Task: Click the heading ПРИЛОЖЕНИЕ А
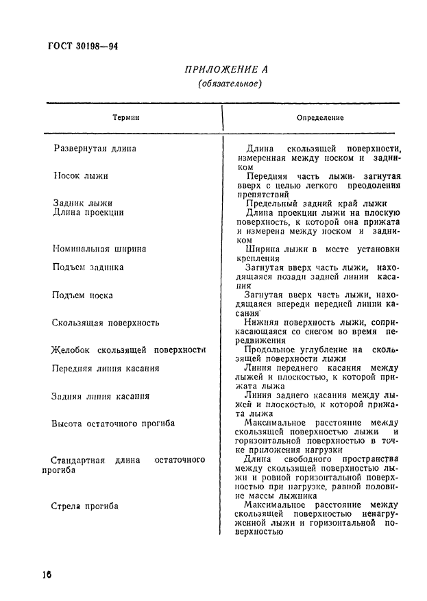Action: tap(226, 69)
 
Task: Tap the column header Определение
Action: tap(320, 117)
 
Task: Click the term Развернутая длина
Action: tap(95, 148)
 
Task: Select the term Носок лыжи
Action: tap(81, 175)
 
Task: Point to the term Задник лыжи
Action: tap(83, 203)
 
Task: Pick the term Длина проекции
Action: tap(88, 212)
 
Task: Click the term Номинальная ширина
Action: tap(99, 249)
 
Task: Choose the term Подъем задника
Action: tap(88, 267)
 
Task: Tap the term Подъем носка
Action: tap(82, 295)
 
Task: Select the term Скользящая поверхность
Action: tap(106, 322)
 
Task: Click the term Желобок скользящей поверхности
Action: tap(129, 349)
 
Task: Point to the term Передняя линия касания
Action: tap(106, 368)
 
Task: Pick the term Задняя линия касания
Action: tap(101, 396)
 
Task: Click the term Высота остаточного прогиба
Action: tap(113, 424)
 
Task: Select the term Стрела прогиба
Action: tap(85, 506)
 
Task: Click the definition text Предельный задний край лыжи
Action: tap(316, 203)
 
